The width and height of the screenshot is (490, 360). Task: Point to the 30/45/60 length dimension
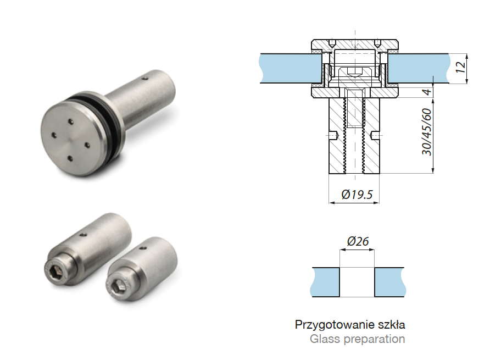[426, 132]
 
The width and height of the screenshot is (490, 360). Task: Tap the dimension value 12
[460, 67]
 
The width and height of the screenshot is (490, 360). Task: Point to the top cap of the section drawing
[355, 43]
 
